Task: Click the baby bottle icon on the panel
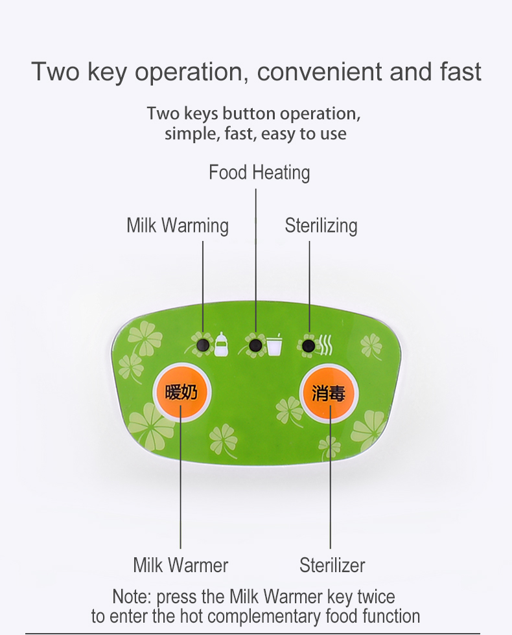(x=221, y=344)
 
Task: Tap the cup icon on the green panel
(x=274, y=345)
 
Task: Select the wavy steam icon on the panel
(x=325, y=345)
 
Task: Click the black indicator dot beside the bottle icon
(x=203, y=345)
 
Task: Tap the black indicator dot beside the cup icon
(x=255, y=345)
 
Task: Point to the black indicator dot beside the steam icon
(x=308, y=345)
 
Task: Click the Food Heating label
(x=259, y=172)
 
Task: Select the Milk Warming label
(x=178, y=225)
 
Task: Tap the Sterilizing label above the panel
(x=321, y=225)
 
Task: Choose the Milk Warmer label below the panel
(x=181, y=565)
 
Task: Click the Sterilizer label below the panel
(x=332, y=565)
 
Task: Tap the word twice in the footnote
(x=376, y=597)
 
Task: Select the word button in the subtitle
(x=249, y=113)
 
